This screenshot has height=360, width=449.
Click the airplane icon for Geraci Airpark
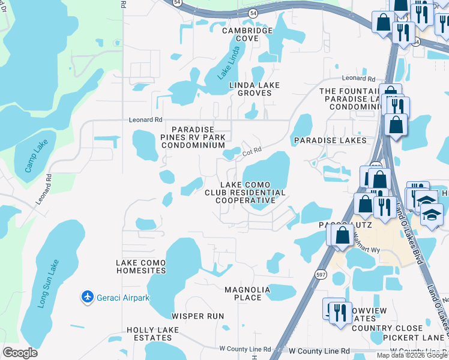click(88, 297)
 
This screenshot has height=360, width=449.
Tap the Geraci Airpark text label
click(122, 298)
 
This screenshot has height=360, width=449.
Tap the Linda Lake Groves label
click(255, 89)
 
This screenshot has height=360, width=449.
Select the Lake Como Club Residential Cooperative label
click(245, 192)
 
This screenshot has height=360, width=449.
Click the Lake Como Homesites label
click(141, 266)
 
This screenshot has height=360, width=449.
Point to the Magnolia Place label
click(252, 293)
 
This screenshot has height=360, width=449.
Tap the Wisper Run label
click(197, 316)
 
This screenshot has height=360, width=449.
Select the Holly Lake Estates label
click(152, 334)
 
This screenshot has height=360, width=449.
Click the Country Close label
click(387, 328)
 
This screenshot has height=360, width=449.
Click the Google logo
click(20, 353)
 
